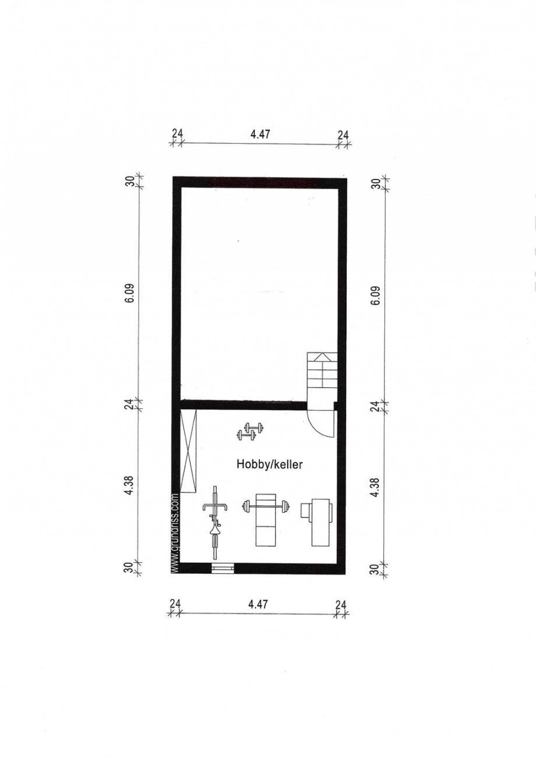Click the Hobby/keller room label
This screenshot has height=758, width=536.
tap(269, 464)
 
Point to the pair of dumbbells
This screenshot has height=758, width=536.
tap(251, 431)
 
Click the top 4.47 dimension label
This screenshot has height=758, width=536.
tap(260, 135)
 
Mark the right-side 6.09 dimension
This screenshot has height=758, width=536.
tap(376, 296)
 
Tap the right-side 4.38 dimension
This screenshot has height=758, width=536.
tap(376, 489)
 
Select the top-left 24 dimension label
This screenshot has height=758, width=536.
tap(177, 133)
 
